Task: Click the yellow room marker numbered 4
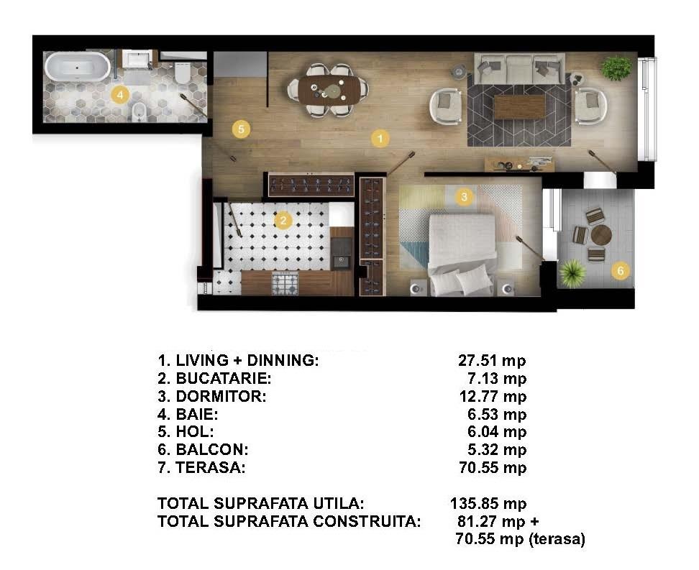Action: [x=120, y=94]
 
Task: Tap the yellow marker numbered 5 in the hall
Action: [x=241, y=129]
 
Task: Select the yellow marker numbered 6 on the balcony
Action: [x=621, y=270]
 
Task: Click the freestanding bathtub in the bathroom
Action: [x=78, y=68]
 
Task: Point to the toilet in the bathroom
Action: [x=183, y=73]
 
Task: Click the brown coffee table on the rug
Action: [x=519, y=107]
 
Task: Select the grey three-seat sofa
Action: [x=519, y=68]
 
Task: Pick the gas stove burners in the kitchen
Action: [x=285, y=283]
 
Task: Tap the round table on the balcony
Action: [x=601, y=234]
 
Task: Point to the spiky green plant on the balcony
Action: [x=572, y=273]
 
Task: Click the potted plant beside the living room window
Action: [x=617, y=68]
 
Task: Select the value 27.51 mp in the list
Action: [x=492, y=360]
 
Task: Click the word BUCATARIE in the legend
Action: [x=224, y=378]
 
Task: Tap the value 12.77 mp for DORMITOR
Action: [x=493, y=396]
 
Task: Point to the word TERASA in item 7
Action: [x=211, y=467]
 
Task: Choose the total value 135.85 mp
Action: [x=488, y=503]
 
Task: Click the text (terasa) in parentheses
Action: [x=557, y=539]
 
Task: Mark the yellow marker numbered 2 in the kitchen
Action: [x=283, y=220]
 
